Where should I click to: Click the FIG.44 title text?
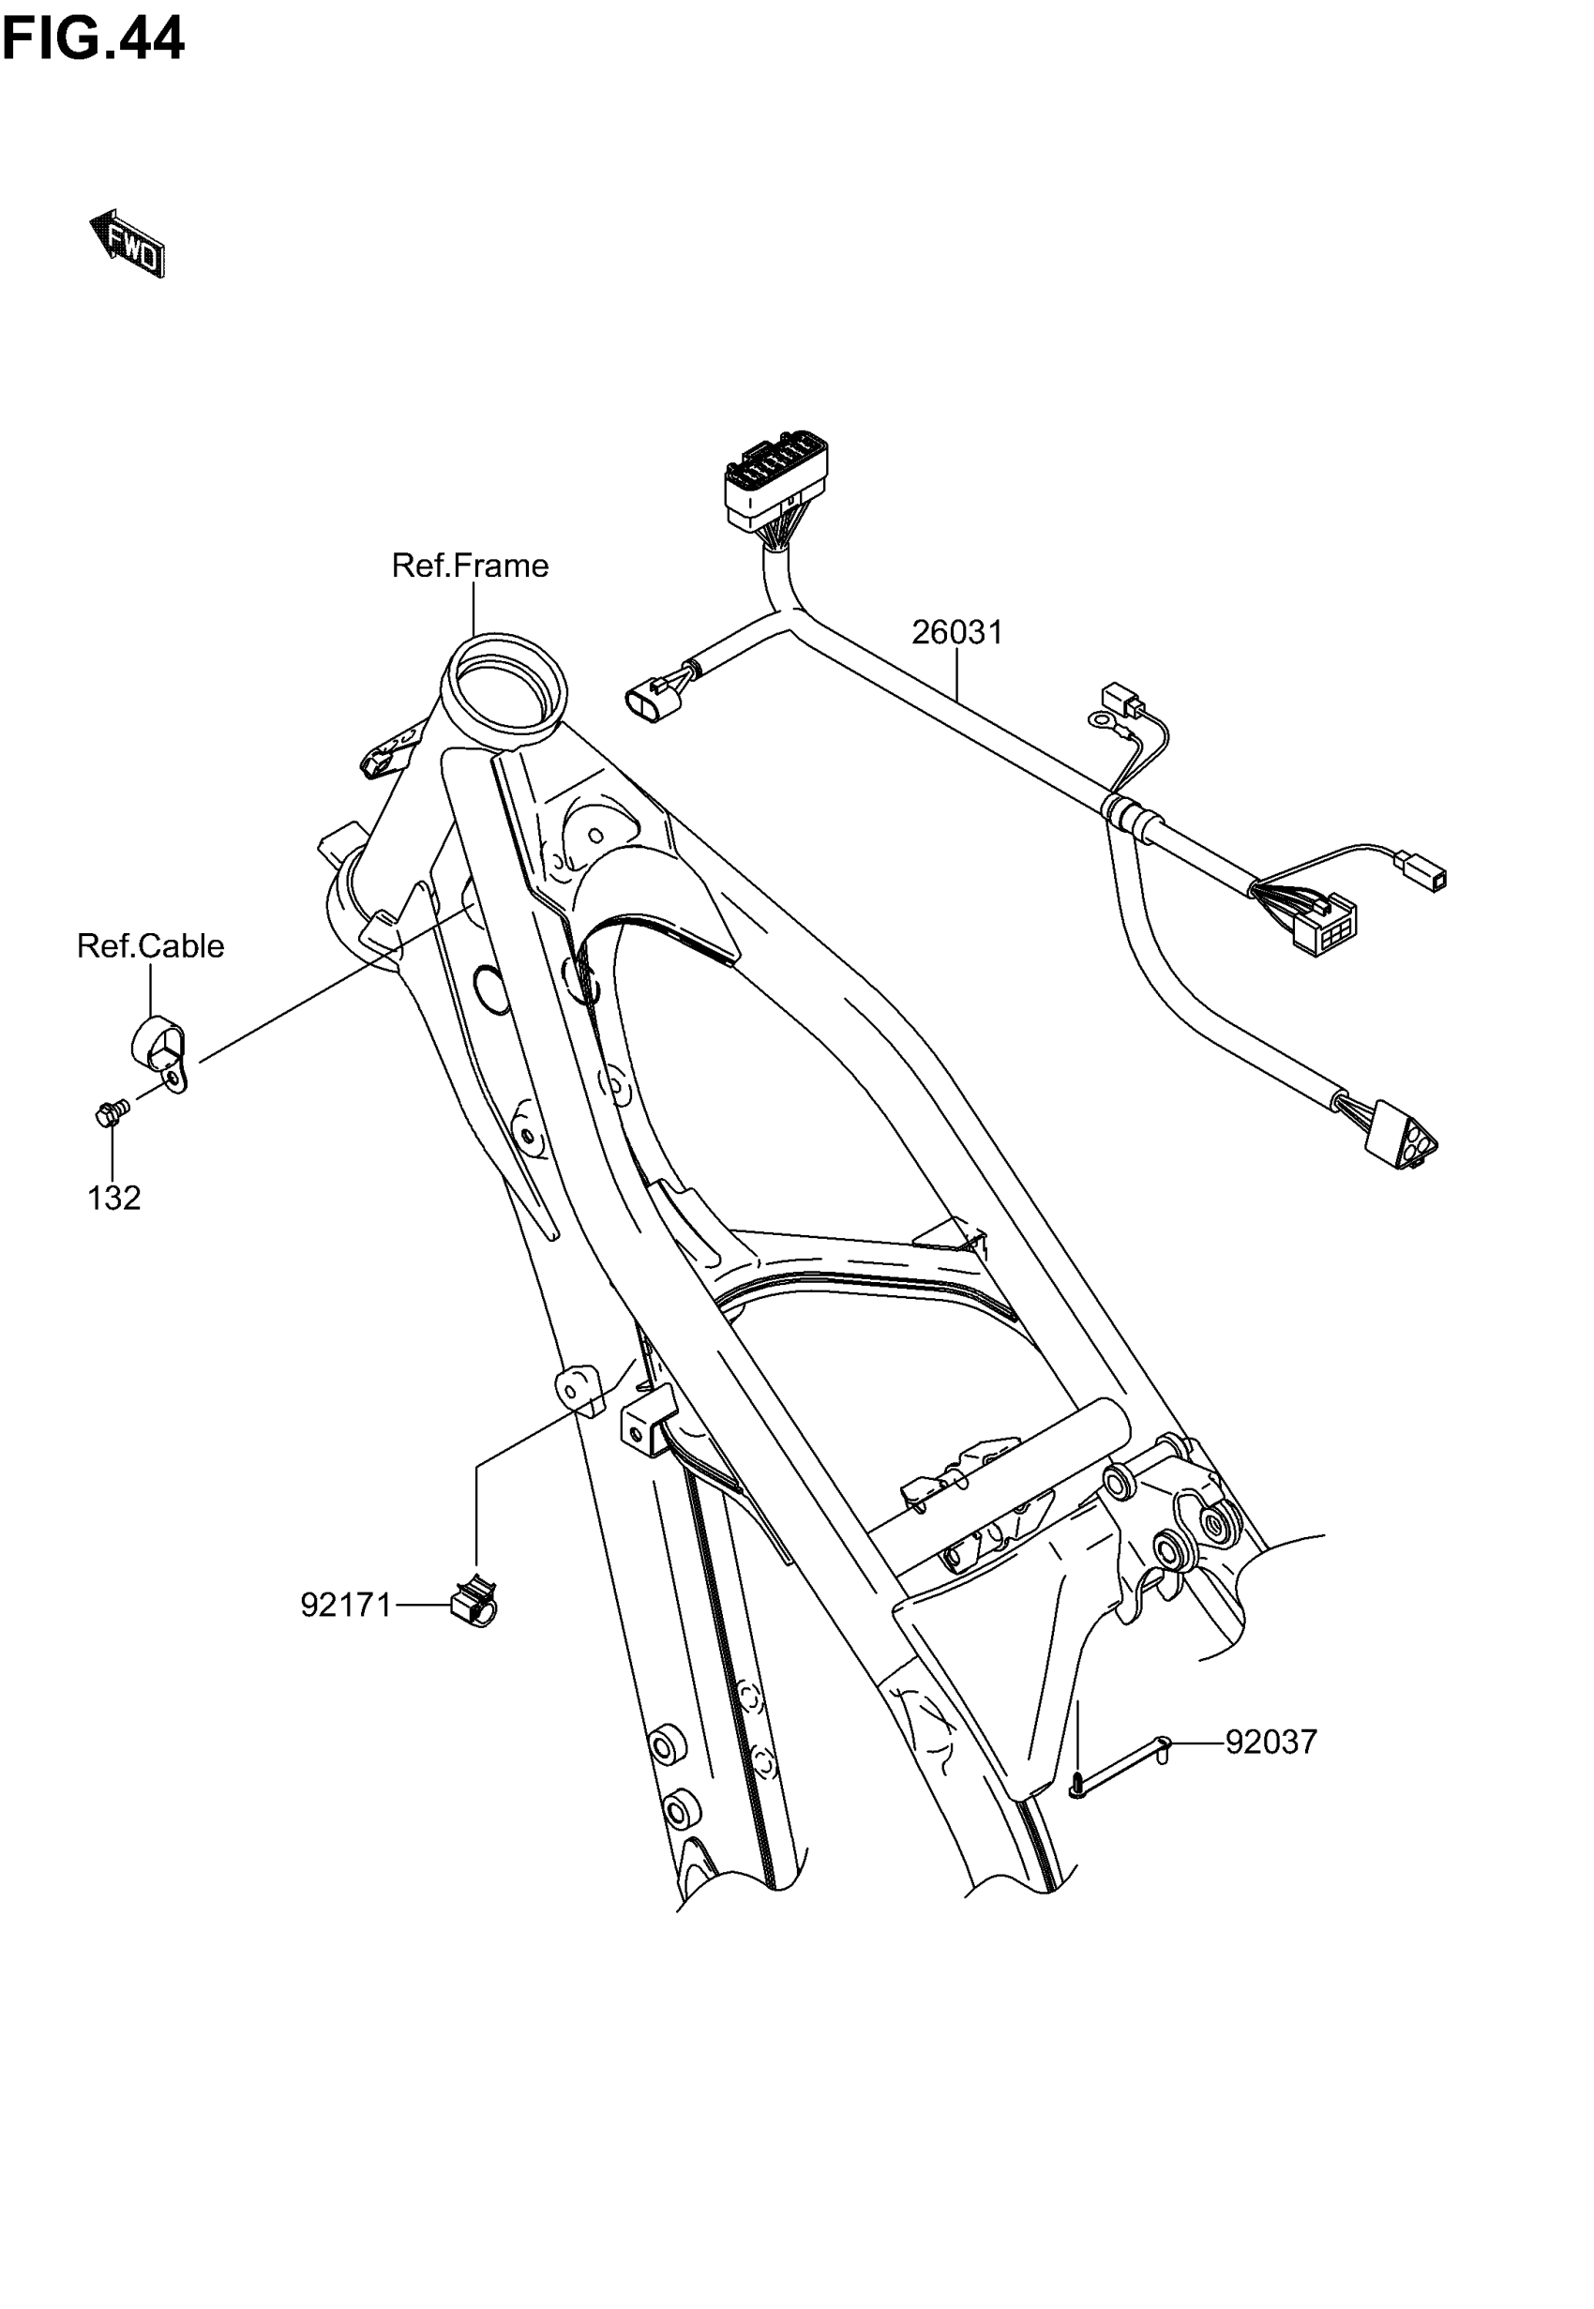click(93, 39)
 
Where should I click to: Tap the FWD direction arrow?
click(128, 243)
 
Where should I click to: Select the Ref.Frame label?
click(470, 566)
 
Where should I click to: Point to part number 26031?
click(956, 632)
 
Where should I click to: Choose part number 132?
click(113, 1199)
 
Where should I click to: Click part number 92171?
click(347, 1605)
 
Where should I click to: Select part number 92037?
click(1271, 1743)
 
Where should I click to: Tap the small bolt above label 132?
click(110, 1112)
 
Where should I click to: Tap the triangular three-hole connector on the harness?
click(1400, 1138)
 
